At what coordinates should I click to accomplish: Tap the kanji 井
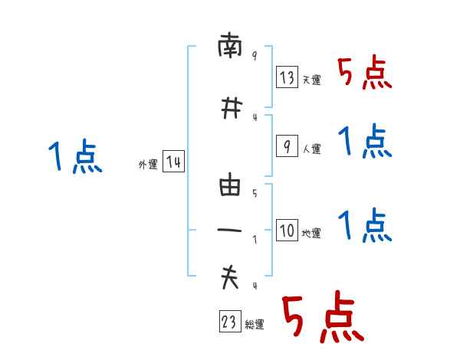(x=230, y=109)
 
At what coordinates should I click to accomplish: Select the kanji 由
(x=230, y=186)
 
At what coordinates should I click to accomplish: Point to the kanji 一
(x=230, y=230)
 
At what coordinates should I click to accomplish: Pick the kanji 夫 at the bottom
(x=230, y=278)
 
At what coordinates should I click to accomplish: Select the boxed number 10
(x=287, y=229)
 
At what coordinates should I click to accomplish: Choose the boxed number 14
(x=173, y=162)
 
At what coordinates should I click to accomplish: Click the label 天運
(x=311, y=80)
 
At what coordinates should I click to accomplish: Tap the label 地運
(x=311, y=233)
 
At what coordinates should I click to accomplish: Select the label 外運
(x=147, y=165)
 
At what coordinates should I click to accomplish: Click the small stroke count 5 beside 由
(x=254, y=194)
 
